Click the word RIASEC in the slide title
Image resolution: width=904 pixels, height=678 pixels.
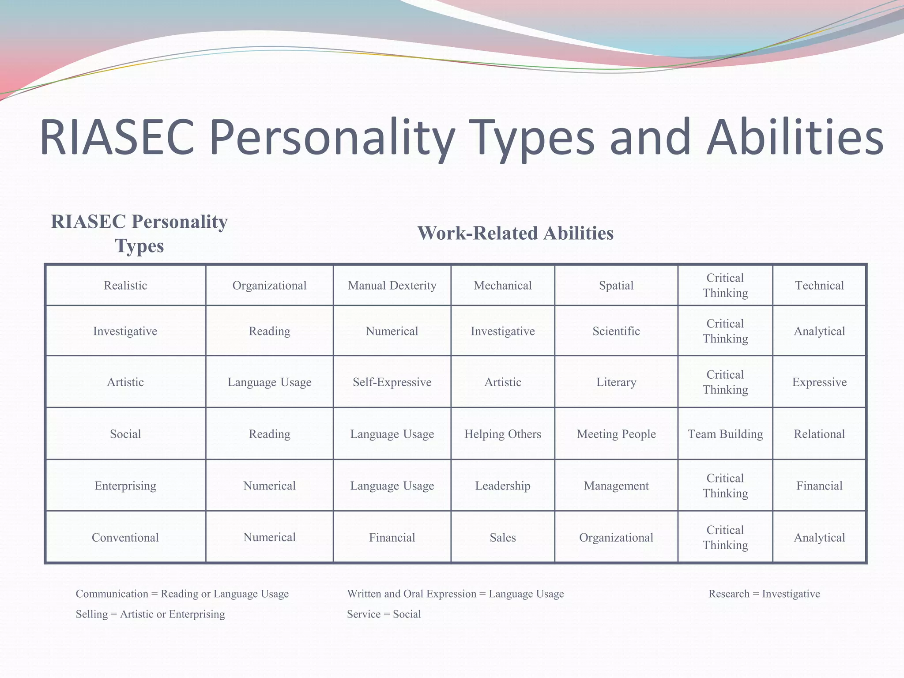(x=117, y=138)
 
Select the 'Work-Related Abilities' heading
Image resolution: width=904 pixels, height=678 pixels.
(x=515, y=233)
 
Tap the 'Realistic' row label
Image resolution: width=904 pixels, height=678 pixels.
(x=125, y=286)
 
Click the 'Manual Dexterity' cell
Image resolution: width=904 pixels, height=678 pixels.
(x=392, y=286)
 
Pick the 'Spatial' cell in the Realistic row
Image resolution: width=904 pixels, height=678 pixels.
(x=616, y=286)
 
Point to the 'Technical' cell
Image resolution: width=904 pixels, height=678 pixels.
(x=819, y=286)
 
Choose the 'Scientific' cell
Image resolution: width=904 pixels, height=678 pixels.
(x=616, y=331)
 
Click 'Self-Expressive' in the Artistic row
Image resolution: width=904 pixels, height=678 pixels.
(x=392, y=382)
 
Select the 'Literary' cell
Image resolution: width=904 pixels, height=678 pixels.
(x=616, y=382)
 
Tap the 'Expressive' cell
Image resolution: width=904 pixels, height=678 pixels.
(x=819, y=382)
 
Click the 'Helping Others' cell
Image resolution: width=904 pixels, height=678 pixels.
(x=502, y=434)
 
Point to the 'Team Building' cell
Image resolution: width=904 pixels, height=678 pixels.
(x=725, y=434)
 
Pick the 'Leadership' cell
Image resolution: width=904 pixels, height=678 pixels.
(x=502, y=486)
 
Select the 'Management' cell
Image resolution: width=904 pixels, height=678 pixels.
(x=616, y=486)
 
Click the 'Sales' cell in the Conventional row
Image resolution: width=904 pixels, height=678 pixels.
(x=502, y=538)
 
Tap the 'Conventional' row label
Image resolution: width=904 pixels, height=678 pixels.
(x=125, y=538)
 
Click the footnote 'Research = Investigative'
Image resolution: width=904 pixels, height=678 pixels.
(x=764, y=594)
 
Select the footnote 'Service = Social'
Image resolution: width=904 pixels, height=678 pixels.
(x=384, y=614)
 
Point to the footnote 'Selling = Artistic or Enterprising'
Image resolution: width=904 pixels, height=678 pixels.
(x=150, y=614)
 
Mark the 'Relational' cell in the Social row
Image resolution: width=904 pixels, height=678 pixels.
(x=819, y=434)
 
